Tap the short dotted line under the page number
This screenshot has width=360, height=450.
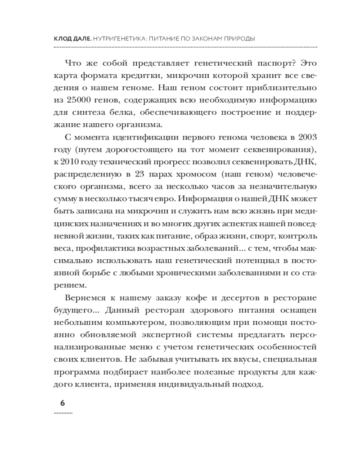coord(63,412)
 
